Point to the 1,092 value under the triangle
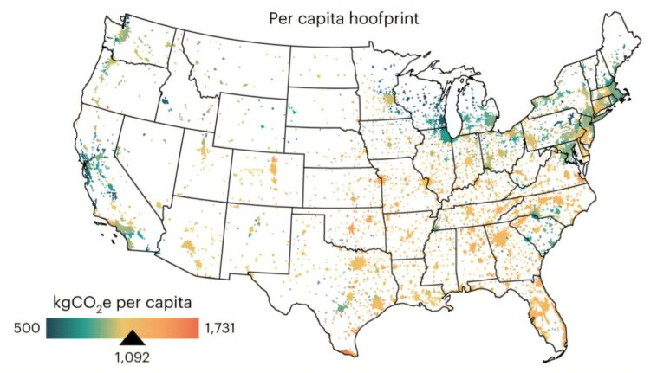coord(133,354)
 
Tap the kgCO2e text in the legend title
coord(83,302)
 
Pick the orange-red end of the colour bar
coord(194,326)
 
